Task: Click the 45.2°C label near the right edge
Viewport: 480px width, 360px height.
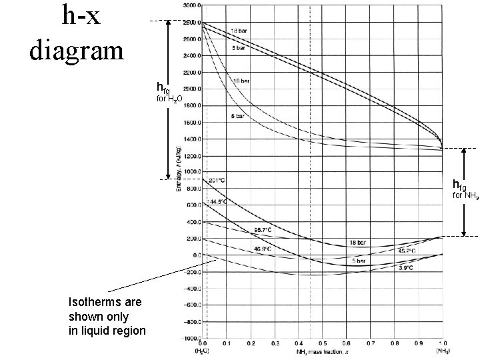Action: point(407,251)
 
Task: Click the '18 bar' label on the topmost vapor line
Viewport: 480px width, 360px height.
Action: point(240,31)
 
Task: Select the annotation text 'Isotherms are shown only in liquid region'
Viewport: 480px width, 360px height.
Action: point(107,317)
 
